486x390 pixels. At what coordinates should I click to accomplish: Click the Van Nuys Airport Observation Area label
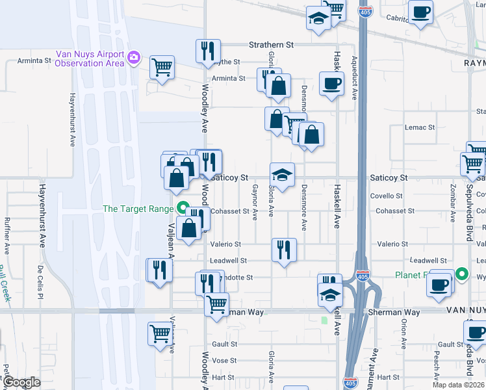(90, 58)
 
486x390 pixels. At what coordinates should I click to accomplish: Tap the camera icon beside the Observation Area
(134, 58)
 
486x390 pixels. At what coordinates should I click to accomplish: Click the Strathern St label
(272, 45)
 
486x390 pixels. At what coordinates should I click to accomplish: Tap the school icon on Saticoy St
(283, 174)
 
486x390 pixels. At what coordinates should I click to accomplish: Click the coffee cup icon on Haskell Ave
(331, 83)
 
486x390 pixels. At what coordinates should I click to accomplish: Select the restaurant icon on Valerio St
(284, 250)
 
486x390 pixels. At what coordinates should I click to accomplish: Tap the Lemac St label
(418, 127)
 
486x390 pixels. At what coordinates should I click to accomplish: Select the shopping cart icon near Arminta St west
(162, 67)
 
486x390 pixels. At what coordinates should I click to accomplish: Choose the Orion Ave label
(403, 333)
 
